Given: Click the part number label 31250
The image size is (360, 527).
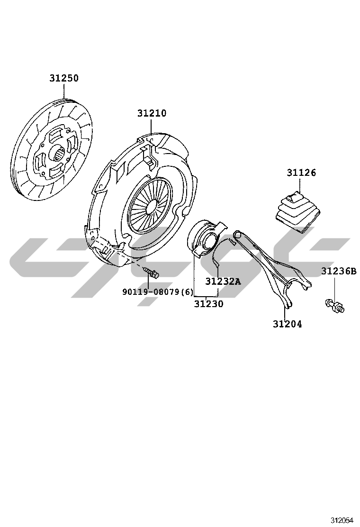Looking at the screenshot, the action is click(x=64, y=78).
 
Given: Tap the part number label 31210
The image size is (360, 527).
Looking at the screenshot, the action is click(x=152, y=113).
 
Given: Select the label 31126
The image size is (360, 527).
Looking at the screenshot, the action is click(x=301, y=173).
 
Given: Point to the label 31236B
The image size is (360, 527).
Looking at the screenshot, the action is click(x=339, y=271).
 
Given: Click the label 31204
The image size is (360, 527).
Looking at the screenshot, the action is click(x=287, y=324).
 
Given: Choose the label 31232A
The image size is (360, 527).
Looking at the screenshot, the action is click(x=223, y=282).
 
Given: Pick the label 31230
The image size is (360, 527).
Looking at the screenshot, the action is click(x=208, y=304).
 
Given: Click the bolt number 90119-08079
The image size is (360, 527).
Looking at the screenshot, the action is click(x=151, y=292).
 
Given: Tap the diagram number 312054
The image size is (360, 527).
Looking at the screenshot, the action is click(x=342, y=521).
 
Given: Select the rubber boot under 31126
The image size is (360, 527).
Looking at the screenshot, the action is click(x=298, y=210).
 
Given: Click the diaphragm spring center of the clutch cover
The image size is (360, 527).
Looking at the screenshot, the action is click(x=150, y=205).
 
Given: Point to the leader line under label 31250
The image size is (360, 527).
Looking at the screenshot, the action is click(x=64, y=91).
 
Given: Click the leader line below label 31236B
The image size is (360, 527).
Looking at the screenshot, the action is click(x=334, y=287).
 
